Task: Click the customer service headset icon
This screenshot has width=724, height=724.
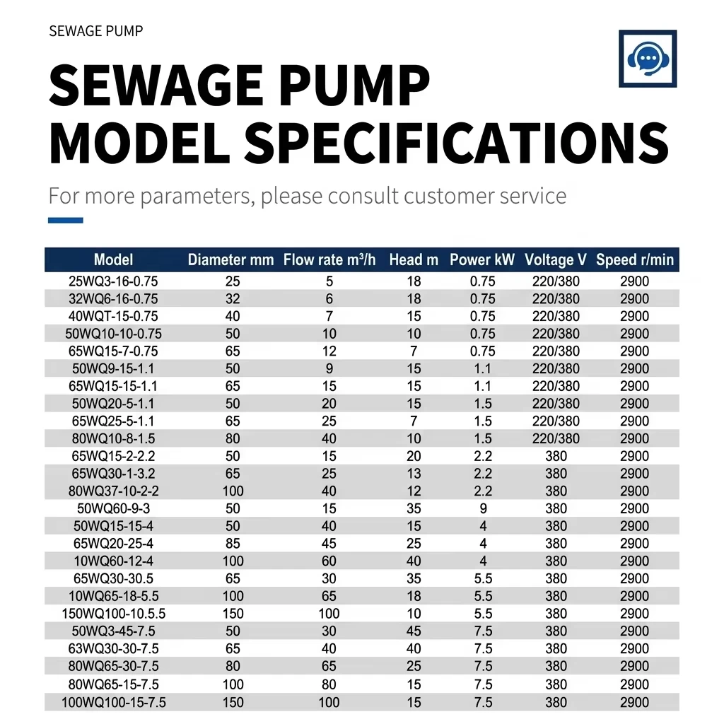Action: click(x=648, y=59)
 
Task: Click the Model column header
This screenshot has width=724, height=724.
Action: click(x=113, y=259)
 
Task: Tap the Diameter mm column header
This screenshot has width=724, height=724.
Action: click(x=230, y=259)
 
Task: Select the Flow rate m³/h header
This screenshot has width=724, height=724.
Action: click(x=329, y=259)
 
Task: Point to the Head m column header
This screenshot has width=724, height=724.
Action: click(x=414, y=259)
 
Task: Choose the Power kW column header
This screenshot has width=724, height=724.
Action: click(x=482, y=259)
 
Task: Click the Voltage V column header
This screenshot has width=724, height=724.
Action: click(x=556, y=259)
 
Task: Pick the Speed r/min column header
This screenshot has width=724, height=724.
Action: click(x=635, y=259)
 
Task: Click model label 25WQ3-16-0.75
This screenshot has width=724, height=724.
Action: click(x=113, y=281)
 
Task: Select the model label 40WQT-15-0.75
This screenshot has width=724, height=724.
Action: click(x=113, y=316)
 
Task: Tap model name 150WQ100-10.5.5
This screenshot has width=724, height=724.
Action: click(x=114, y=614)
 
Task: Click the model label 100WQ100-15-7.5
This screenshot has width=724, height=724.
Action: click(x=114, y=702)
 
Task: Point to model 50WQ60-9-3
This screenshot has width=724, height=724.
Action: click(x=114, y=508)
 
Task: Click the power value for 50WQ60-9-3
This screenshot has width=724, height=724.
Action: click(x=483, y=508)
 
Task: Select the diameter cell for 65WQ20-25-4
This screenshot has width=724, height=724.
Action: click(x=233, y=544)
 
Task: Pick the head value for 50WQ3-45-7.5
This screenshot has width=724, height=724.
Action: click(x=414, y=631)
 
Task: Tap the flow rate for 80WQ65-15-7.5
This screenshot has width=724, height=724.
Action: click(x=329, y=684)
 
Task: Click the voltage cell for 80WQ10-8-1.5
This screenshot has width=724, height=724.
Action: click(x=556, y=438)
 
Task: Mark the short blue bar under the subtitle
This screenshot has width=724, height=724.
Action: click(x=66, y=221)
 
